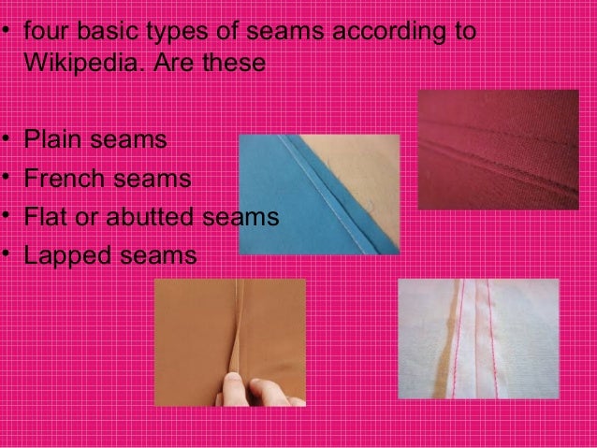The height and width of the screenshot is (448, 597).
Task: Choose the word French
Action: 63,179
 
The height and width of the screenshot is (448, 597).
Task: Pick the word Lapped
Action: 66,254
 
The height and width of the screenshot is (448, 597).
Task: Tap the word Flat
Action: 43,217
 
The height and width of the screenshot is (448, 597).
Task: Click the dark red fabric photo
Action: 497,150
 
